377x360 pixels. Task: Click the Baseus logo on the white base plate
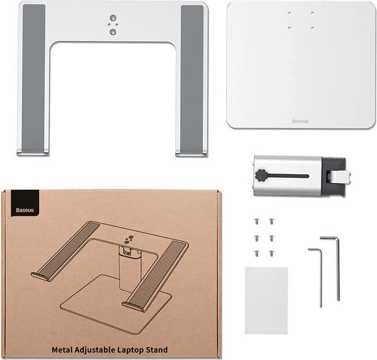pos(300,121)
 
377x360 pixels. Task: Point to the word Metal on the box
pos(63,350)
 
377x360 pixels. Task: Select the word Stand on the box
pos(157,350)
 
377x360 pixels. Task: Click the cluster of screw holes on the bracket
pos(113,25)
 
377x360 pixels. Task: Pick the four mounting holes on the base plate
pos(301,20)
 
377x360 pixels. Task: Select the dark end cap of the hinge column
pos(332,176)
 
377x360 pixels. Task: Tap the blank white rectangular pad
pos(266,300)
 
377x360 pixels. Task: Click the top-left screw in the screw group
pos(257,220)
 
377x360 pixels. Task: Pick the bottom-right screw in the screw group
pos(271,253)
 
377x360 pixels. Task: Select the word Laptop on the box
pos(136,350)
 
